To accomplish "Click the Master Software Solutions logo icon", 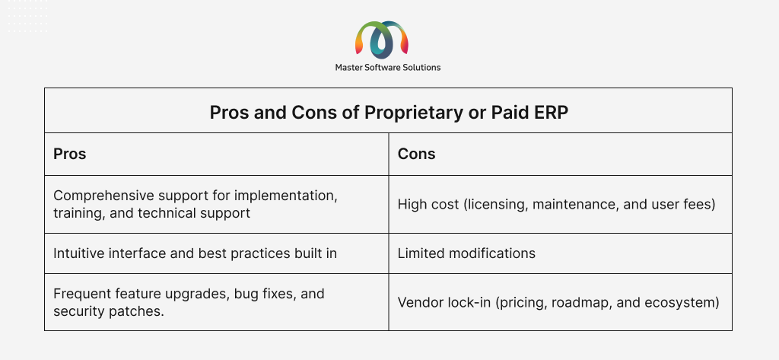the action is pos(382,38).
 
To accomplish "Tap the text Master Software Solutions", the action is pos(387,67).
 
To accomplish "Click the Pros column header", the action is pos(69,155).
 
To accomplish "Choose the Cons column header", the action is pos(416,155).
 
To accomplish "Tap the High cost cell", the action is pos(556,205).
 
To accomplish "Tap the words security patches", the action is pos(108,311).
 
